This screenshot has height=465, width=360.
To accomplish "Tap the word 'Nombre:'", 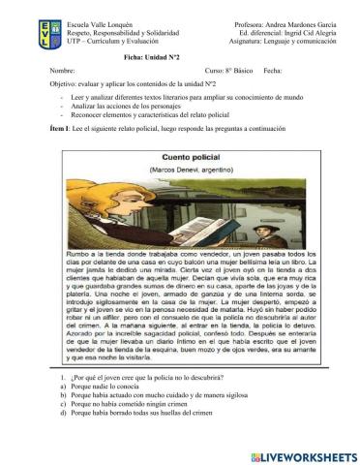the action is pyautogui.click(x=62, y=72).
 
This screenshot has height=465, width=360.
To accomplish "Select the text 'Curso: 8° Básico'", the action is pyautogui.click(x=228, y=72).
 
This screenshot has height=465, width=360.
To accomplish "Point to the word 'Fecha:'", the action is pyautogui.click(x=273, y=72).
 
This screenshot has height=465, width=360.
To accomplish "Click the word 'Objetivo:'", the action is pyautogui.click(x=65, y=85).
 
